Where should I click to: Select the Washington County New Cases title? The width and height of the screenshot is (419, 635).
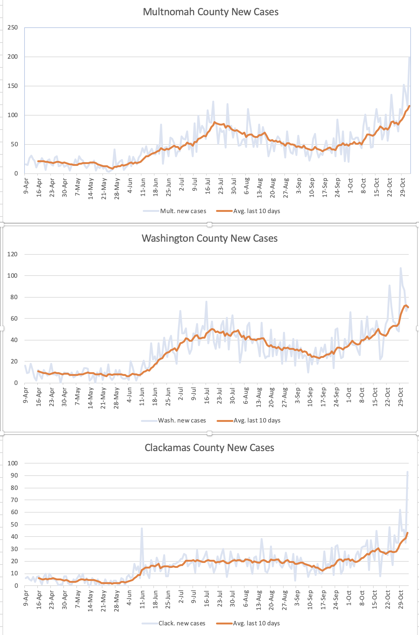pos(209,239)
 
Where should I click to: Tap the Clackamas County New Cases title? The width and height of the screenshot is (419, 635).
pos(209,448)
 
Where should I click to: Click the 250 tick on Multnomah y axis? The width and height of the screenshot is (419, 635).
pos(12,28)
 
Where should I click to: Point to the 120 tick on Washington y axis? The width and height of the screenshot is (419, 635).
pos(12,254)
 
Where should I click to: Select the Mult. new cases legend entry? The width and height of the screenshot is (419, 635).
pos(183,211)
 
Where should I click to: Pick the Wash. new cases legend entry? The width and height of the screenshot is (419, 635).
pos(182,421)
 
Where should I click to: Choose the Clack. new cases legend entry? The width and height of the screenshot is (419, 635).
pos(182,624)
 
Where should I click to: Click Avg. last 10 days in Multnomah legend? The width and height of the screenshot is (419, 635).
pos(256,211)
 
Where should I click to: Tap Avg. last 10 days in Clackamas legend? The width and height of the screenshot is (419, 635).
pos(256,624)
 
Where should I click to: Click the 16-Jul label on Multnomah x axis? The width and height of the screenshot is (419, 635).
pos(208,186)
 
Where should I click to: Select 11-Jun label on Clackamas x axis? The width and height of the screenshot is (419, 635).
pos(142,598)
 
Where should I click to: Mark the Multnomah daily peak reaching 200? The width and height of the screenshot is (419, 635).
pos(410,57)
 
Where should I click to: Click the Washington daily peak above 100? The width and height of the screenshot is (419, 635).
pos(400,268)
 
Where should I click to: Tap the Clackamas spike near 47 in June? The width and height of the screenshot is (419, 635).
pos(142,528)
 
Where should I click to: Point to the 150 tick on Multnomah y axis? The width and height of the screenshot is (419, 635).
pos(12,86)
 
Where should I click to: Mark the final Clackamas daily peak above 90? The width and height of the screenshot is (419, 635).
pos(408,472)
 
